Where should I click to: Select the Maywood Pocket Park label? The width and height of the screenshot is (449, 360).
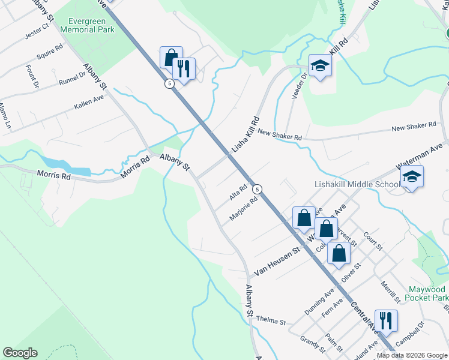[426, 293]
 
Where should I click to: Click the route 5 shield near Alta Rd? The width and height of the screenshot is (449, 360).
[257, 189]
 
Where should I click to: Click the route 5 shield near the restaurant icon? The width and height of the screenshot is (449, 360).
[170, 84]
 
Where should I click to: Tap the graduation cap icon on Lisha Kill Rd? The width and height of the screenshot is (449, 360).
[320, 66]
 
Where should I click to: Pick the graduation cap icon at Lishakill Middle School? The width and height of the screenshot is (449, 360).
[412, 177]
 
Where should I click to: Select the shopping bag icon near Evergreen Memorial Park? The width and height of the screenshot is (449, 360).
[171, 58]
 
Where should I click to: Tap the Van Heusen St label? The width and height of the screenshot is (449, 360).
[276, 262]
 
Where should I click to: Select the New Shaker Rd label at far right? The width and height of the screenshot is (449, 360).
[414, 127]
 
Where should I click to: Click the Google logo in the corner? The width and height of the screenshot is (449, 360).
[20, 353]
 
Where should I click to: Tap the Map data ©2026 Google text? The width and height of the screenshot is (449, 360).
[412, 356]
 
